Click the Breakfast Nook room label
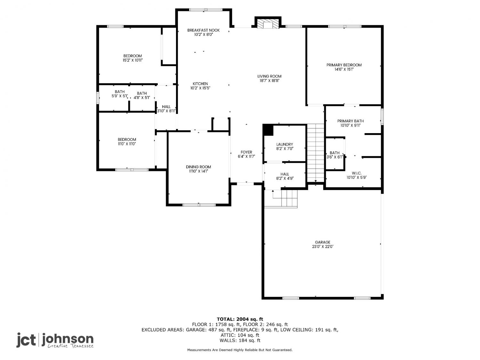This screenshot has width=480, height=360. coord(203,30)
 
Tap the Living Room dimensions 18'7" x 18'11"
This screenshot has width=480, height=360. coord(269,80)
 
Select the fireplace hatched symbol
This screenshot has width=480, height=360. coord(268,24)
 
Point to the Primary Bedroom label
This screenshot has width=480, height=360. coord(344,65)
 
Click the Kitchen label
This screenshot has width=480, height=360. coord(200,84)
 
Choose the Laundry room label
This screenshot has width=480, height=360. coord(284,144)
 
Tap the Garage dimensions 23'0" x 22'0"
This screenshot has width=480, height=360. coord(323,246)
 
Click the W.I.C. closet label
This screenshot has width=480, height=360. coord(356,173)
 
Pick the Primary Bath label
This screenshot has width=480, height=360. coord(350,121)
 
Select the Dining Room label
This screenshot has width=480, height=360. coord(198,167)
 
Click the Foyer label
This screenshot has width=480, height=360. coord(246,152)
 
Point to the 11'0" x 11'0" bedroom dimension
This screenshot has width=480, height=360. coord(127,144)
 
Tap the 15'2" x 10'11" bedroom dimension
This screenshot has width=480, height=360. coord(132,60)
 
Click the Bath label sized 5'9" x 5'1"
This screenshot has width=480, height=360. coord(120,92)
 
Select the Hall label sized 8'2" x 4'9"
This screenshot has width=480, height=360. coord(284,174)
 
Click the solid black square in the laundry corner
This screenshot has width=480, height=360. coord(268,130)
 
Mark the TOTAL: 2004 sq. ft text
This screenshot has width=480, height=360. coord(240,319)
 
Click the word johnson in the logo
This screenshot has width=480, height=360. coord(68,339)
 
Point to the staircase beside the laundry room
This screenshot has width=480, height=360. coord(316,153)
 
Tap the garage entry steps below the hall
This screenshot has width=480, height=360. coord(281,199)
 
